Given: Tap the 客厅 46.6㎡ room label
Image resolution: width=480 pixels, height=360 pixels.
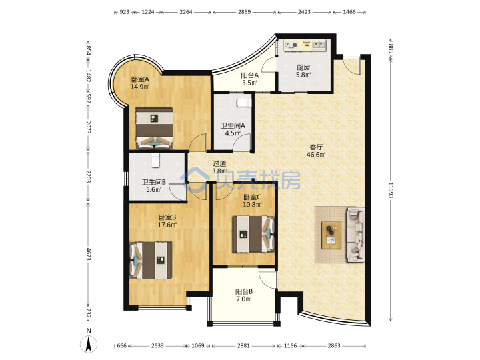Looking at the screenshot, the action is pos(316,151).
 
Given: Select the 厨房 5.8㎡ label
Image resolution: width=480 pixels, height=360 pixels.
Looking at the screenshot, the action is pos(303,71).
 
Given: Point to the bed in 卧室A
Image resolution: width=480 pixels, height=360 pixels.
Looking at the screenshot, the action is pos(154,127).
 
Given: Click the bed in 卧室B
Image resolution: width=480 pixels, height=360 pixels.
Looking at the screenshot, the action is pos(151,260).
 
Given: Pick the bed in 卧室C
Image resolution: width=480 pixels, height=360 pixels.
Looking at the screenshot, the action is pos(253,234).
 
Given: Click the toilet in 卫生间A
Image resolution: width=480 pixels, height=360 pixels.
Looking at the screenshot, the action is pos(244,103).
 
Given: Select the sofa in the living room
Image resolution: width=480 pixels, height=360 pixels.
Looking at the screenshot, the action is pos(356,235).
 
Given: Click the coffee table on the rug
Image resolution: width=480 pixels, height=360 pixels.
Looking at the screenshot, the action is pos(331,235).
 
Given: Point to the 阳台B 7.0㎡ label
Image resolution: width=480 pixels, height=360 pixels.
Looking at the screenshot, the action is pos(244,295).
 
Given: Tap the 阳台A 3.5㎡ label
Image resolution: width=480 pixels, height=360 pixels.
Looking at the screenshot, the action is pos(249,79).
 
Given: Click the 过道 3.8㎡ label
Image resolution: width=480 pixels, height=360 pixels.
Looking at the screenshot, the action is pos(219,167).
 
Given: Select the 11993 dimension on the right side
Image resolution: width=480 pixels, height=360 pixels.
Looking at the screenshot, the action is pos(391,190).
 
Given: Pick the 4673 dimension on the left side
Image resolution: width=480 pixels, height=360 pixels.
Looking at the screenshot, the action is pos(88,254).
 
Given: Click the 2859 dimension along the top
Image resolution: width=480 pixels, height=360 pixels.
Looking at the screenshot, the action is pos(244,12).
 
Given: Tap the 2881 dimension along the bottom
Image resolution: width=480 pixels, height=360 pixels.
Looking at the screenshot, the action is pos(243,345).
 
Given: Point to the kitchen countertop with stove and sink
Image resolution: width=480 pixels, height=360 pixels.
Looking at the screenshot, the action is pos(305,45).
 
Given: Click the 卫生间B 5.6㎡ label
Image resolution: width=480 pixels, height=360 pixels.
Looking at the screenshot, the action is pos(154,186).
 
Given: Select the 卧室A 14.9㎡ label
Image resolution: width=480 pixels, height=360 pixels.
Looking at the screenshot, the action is pos(140,83).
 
